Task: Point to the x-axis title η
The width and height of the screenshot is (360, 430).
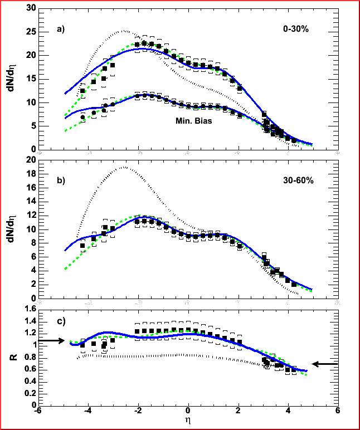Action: point(188,423)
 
